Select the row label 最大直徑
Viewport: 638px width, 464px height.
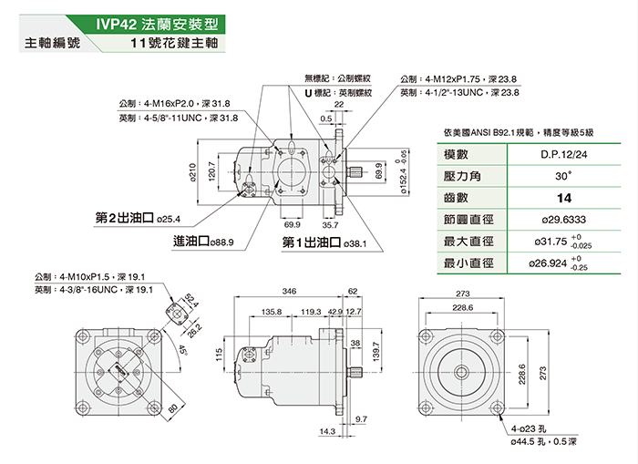coord(468,242)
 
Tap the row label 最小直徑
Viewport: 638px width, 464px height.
coord(468,264)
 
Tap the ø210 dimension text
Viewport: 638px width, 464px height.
coord(193,169)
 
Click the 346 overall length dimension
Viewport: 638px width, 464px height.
coord(290,291)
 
